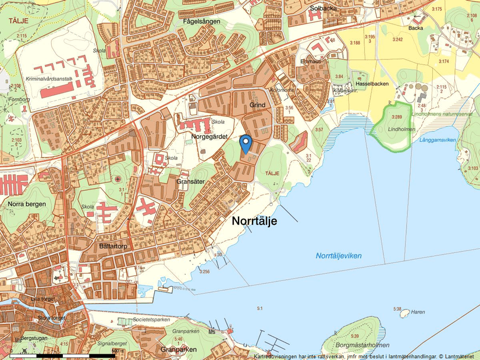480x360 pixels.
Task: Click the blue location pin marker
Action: point(246,142)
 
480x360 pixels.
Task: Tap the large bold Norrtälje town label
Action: point(255,221)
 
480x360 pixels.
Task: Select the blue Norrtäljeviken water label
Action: point(339,256)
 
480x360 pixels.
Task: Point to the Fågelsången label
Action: point(201,22)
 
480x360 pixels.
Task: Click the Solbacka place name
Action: point(324,9)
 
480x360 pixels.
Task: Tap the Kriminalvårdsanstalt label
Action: point(48,78)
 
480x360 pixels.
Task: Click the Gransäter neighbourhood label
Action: point(191,181)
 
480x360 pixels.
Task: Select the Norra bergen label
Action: point(27,204)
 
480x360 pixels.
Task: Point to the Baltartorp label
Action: point(113,247)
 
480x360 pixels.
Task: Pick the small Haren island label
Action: point(418,312)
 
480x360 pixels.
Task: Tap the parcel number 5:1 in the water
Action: point(260,308)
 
